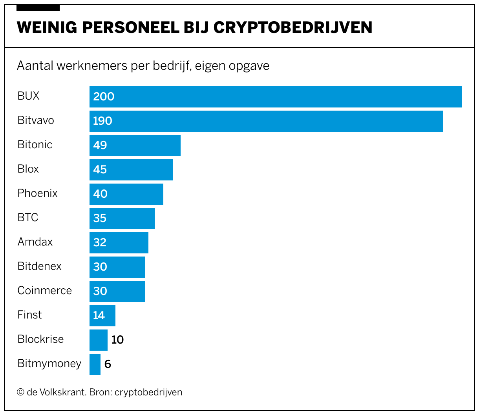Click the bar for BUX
point(275,97)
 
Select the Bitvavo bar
point(266,121)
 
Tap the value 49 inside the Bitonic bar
point(100,146)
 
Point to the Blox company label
point(28,169)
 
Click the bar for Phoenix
point(126,194)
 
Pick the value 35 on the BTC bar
point(100,218)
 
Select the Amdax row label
point(35,242)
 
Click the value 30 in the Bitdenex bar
point(100,267)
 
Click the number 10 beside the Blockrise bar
point(117,340)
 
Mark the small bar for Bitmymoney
point(95,364)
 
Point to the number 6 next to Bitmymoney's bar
point(108,364)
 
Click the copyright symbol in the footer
point(20,392)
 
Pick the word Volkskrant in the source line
point(63,392)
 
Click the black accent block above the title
point(38,8)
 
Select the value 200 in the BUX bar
point(104,97)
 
